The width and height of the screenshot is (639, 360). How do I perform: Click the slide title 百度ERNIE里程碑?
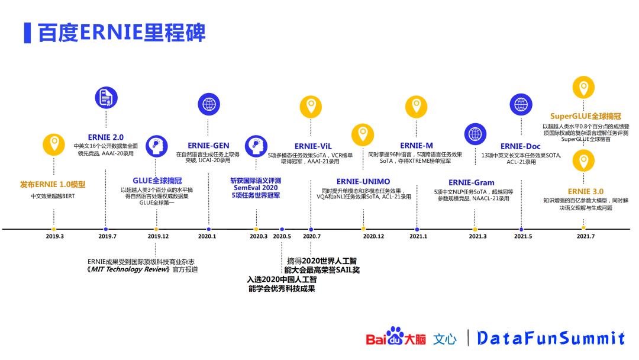pos(121,33)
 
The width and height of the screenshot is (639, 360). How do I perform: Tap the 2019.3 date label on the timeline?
pos(54,237)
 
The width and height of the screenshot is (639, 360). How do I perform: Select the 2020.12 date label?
pos(373,237)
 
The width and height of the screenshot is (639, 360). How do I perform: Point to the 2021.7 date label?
pos(585,237)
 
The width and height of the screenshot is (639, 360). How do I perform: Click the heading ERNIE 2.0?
pos(106,137)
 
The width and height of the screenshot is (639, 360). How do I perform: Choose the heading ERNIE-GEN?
pos(208,146)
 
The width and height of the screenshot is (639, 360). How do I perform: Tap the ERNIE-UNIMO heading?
pos(363,181)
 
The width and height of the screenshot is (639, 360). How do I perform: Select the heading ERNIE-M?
pos(417,146)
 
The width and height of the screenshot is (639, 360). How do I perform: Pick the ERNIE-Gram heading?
pos(472,182)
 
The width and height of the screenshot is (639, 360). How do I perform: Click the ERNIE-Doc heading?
pos(521,146)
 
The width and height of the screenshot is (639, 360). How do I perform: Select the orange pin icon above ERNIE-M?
pos(416,107)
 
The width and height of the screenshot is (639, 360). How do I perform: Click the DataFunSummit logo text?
pos(550,338)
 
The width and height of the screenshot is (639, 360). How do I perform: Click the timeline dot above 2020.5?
pos(282,229)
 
